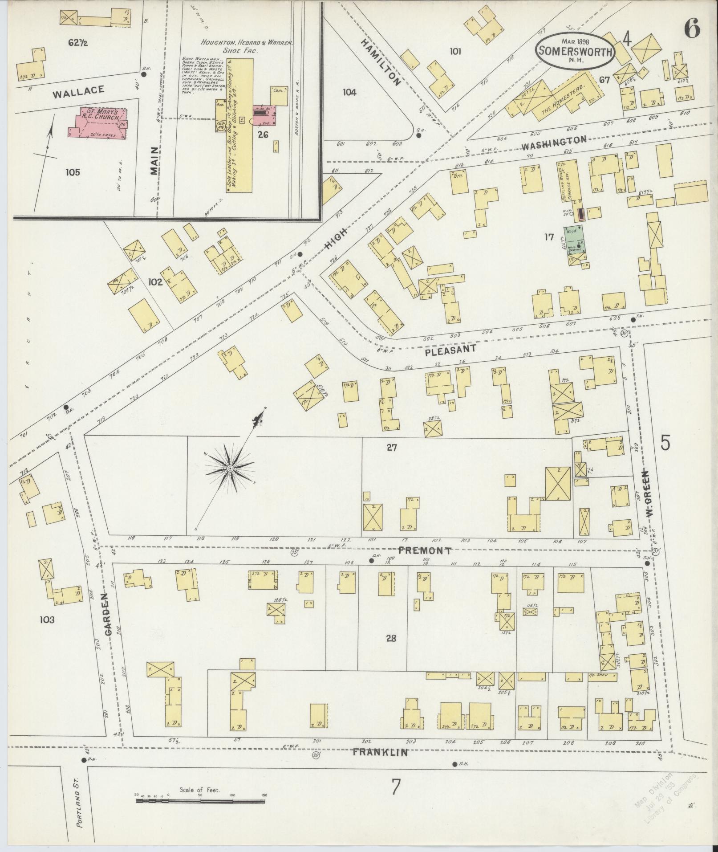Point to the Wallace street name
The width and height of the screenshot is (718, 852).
tap(78, 91)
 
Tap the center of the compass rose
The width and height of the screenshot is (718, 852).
tap(230, 469)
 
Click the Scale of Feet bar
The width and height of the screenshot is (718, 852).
tap(200, 801)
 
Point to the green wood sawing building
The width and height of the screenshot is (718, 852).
tap(575, 245)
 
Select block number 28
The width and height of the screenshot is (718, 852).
tap(391, 638)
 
